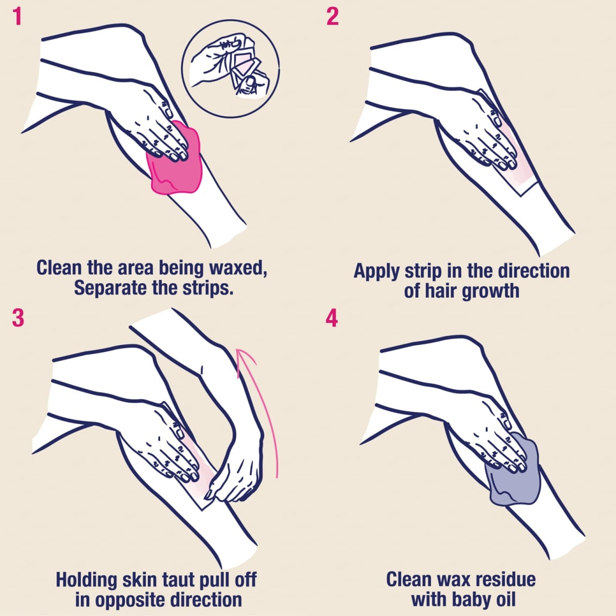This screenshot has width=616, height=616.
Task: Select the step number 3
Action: tap(18, 318)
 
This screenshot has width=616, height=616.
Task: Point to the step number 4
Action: tap(332, 318)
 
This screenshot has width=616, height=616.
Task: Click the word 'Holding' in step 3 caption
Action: tap(86, 580)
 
